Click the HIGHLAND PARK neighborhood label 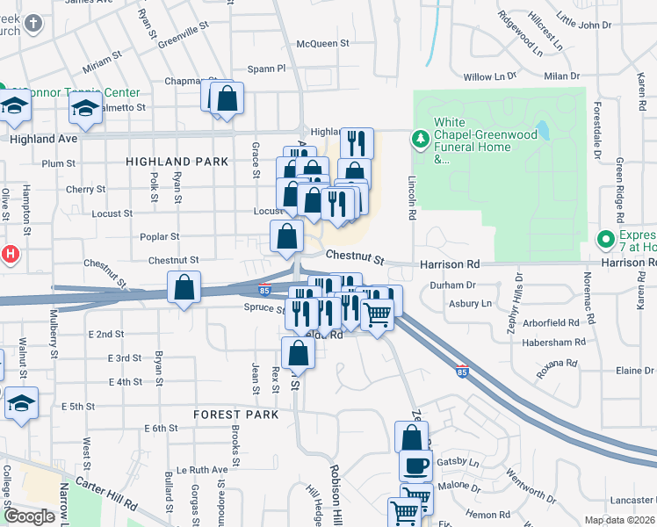177,162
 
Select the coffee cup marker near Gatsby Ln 415,465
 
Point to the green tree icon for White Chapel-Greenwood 421,138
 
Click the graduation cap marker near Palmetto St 85,109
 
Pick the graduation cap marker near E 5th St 22,404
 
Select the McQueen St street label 322,43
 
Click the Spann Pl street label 267,68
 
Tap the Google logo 29,516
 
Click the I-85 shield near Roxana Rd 463,372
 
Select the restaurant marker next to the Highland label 357,142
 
